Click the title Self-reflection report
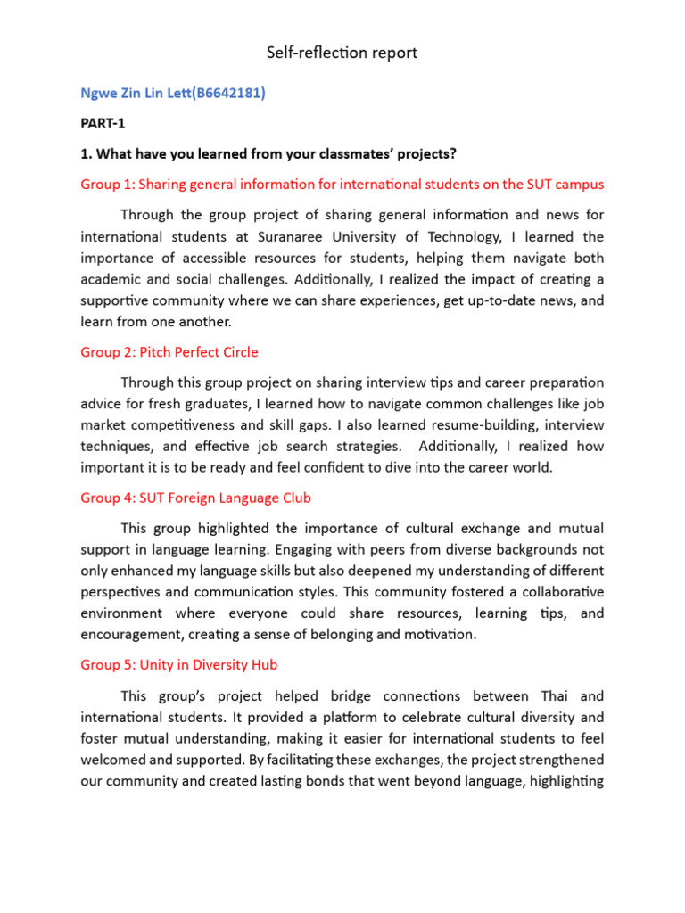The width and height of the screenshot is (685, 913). pos(342,53)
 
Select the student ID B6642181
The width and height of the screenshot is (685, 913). pos(227,93)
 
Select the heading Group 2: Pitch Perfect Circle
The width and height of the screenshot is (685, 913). pos(169,352)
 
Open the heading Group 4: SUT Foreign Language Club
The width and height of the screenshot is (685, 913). pos(196,498)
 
